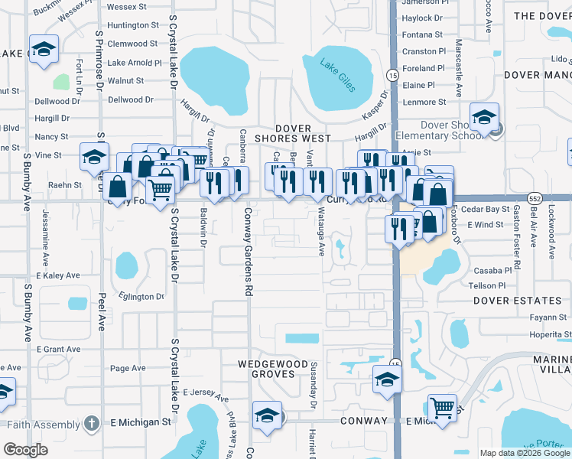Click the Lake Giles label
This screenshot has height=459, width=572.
(337, 75)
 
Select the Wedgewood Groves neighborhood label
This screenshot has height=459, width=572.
(265, 369)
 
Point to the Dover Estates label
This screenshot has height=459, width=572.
(506, 301)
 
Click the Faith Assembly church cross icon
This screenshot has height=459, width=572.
(91, 422)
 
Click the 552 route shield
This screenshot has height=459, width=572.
(536, 197)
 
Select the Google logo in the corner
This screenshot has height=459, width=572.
(25, 450)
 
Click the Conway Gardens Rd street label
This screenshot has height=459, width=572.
(248, 252)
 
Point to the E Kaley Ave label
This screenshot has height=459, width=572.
(58, 275)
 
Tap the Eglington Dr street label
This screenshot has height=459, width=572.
(141, 296)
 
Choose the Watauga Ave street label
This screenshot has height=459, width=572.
(321, 233)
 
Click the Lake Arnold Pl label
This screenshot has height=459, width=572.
(135, 63)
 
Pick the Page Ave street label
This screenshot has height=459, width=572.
(128, 368)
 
